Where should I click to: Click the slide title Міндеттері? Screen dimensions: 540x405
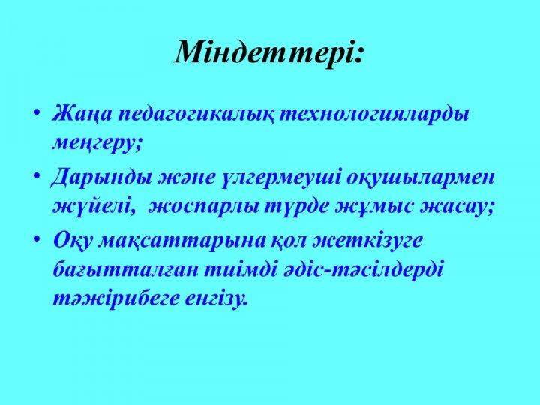tap(268, 52)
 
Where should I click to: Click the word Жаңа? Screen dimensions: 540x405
tap(82, 114)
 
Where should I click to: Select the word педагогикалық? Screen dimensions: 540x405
tap(196, 115)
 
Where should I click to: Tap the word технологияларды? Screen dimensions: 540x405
tap(374, 114)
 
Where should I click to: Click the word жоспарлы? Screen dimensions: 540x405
tap(204, 208)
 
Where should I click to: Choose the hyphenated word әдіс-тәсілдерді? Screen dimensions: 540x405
tap(361, 268)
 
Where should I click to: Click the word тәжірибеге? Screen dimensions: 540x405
tap(115, 298)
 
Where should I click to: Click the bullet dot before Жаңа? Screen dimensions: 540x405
tap(37, 112)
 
